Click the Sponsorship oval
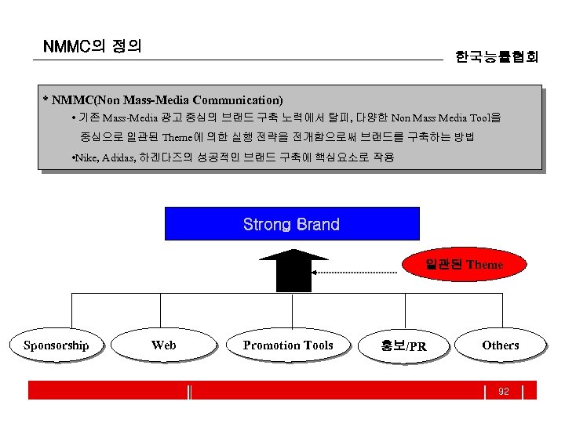coord(56,345)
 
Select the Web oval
coord(163,345)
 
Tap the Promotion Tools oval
coord(288,345)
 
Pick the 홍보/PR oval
coord(403,345)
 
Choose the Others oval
coord(500,345)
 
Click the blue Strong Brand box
coord(292,224)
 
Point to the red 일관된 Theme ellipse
coord(464,265)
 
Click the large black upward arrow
coord(293,270)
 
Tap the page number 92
coord(504,391)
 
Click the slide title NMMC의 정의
coord(93,46)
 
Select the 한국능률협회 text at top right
coord(497,56)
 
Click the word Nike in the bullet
coord(85,157)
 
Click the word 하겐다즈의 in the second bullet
coord(165,157)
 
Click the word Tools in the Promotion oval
coord(317,345)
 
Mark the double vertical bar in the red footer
coord(190,391)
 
